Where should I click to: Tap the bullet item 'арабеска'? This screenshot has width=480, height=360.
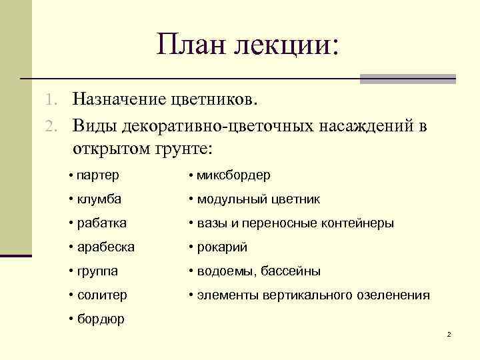click(x=105, y=247)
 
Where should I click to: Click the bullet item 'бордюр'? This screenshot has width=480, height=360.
click(x=100, y=319)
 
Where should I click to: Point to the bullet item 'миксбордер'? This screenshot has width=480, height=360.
click(x=233, y=175)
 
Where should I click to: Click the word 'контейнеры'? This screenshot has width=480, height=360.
click(x=358, y=223)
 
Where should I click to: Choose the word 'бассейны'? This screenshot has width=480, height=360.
click(x=291, y=271)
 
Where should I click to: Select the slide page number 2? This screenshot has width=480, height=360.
click(x=449, y=333)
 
